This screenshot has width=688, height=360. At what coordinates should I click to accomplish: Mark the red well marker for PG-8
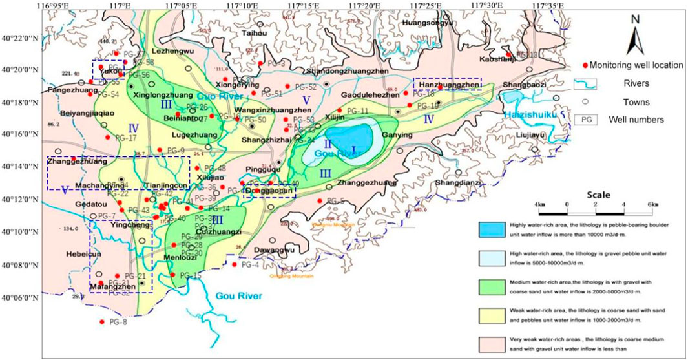click(x=101, y=322)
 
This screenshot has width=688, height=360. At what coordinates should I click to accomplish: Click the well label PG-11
click(x=357, y=111)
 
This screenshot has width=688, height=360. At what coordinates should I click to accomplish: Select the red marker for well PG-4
click(x=234, y=264)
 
